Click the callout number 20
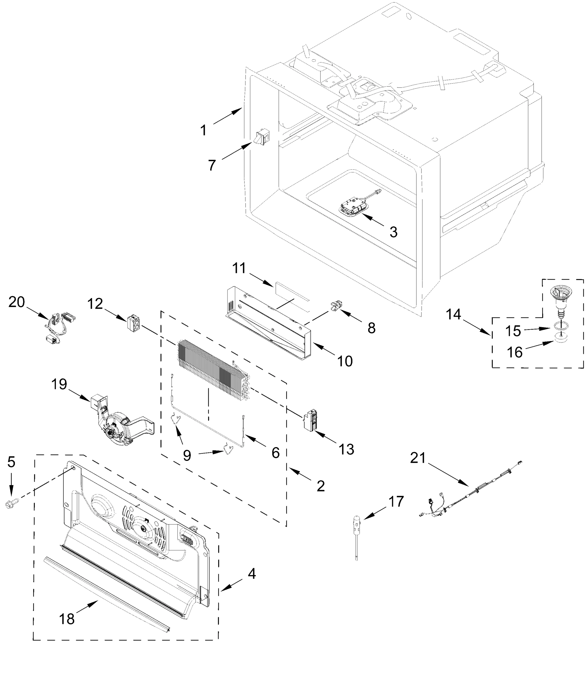pos(16,302)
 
